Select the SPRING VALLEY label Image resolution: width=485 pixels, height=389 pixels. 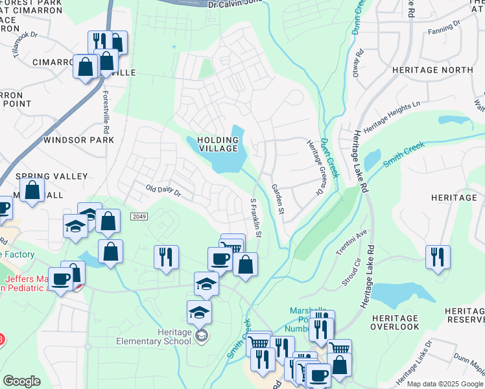point(51,176)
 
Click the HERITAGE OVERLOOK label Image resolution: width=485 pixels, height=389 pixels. point(394,322)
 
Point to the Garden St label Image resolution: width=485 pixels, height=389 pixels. point(278,198)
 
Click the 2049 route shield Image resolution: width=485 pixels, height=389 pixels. point(137,216)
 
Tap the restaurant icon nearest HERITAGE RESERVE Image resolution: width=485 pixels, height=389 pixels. point(438,257)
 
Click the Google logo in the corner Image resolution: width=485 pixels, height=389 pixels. point(21,381)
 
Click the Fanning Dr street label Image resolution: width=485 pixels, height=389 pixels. point(444,27)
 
